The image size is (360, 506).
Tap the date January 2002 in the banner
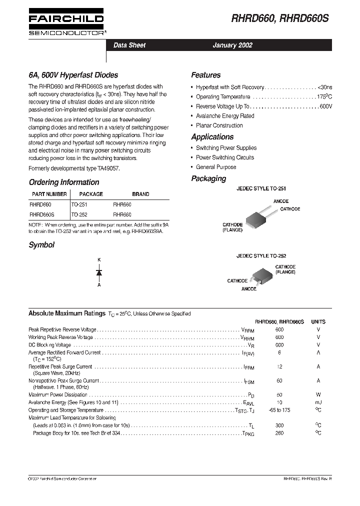coord(232,45)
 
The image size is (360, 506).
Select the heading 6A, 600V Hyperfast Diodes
coord(73,75)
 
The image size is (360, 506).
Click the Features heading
coord(205,75)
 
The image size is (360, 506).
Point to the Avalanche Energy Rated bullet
coord(225,116)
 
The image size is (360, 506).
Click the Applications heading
coord(212,136)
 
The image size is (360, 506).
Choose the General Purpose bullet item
coord(216,167)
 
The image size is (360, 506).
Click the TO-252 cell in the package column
coord(79,214)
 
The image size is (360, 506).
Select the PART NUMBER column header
coord(49,194)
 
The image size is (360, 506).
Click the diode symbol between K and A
coord(99,272)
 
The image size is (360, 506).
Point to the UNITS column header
coord(318,322)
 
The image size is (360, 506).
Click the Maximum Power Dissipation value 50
coord(279,395)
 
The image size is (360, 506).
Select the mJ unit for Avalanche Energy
coord(318,402)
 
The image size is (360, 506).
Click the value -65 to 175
coord(279,410)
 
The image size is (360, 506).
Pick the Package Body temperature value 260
coord(279,433)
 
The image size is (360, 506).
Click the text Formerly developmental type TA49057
coord(74,168)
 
